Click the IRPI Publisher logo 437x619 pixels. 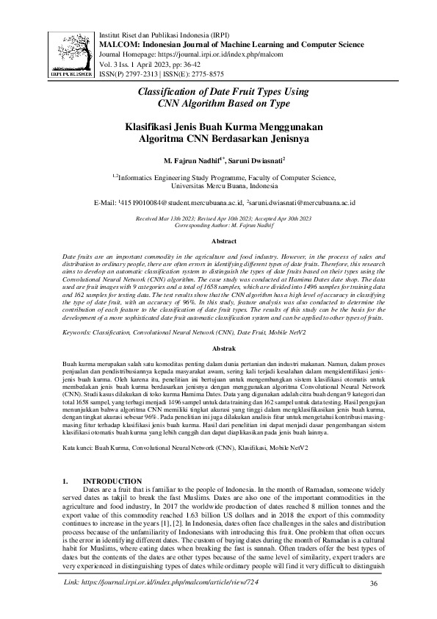[71, 54]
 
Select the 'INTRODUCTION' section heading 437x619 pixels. [113, 481]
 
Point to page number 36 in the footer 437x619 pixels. [374, 604]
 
